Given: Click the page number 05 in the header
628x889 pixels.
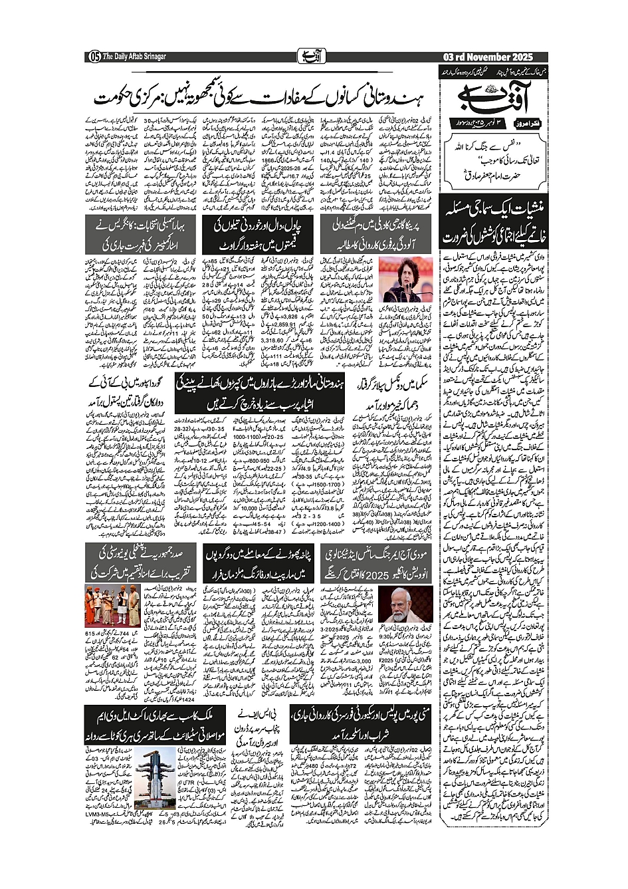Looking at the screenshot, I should pos(94,57).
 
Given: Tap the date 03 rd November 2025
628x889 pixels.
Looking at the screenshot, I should pos(487,57).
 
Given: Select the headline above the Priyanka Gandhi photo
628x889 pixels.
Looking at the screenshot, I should pos(377,235).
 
